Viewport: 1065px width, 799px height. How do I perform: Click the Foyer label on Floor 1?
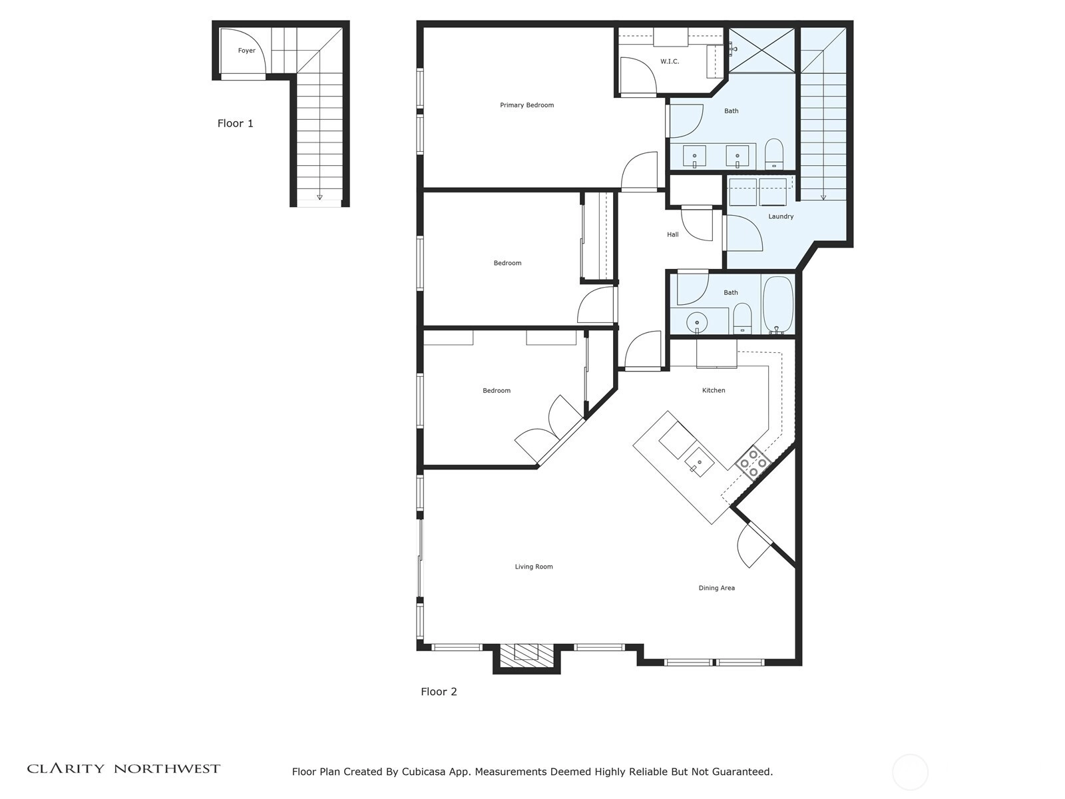[246, 51]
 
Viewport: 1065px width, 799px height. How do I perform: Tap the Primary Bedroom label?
[527, 105]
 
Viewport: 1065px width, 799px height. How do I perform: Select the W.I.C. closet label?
[670, 62]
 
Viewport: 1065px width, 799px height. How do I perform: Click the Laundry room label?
[781, 216]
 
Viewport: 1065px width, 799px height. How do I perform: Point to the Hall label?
[672, 234]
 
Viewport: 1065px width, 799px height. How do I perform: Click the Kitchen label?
[714, 390]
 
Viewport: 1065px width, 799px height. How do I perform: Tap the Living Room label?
[534, 567]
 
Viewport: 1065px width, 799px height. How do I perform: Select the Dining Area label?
[716, 588]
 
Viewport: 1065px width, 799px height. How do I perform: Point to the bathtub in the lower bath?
[777, 305]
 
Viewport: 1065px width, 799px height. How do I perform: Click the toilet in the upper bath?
[774, 154]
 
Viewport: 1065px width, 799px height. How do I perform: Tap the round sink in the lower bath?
[697, 322]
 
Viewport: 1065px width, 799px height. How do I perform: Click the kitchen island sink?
[699, 462]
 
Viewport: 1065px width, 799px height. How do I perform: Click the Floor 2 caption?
[439, 692]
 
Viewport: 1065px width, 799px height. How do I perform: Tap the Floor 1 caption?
[236, 123]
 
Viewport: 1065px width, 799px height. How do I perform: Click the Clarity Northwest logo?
[124, 768]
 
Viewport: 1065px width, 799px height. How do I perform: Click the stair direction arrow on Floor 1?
[319, 198]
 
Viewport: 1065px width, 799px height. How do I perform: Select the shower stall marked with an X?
[761, 51]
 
